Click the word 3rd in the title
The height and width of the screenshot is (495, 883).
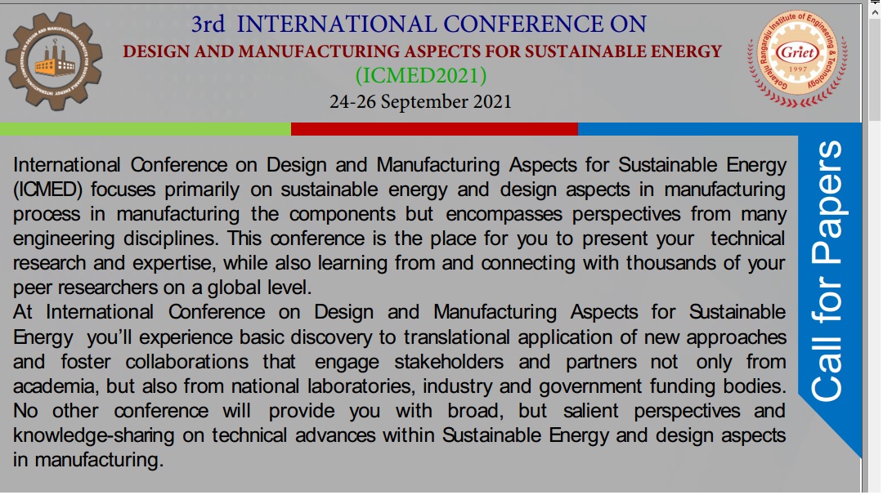[208, 25]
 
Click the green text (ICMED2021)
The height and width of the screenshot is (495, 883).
[421, 75]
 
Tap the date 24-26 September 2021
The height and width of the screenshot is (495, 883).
[421, 102]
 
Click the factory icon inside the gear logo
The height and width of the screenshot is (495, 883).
[55, 60]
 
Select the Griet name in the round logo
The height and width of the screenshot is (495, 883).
[797, 53]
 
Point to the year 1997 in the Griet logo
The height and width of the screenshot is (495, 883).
[797, 69]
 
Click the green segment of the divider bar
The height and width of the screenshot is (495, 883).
[146, 129]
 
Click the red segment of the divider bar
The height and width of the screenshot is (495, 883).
[434, 129]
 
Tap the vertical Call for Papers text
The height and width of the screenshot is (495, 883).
[826, 271]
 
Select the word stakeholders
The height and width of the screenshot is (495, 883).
[449, 362]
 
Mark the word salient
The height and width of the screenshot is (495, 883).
[591, 411]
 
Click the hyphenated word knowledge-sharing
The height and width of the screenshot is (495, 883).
[94, 435]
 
